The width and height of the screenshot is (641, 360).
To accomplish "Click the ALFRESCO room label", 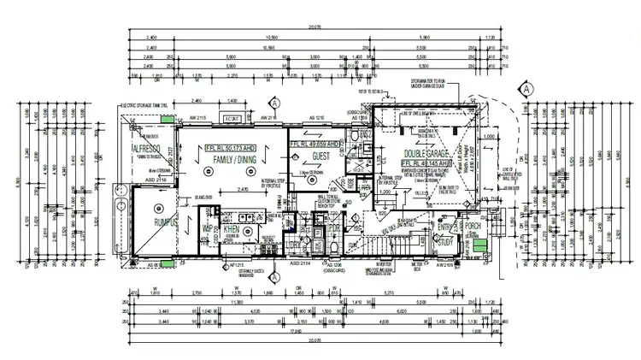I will [x=147, y=148].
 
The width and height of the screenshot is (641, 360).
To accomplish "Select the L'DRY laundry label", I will [x=293, y=244].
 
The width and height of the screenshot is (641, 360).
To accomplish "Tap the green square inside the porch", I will [x=481, y=248].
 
